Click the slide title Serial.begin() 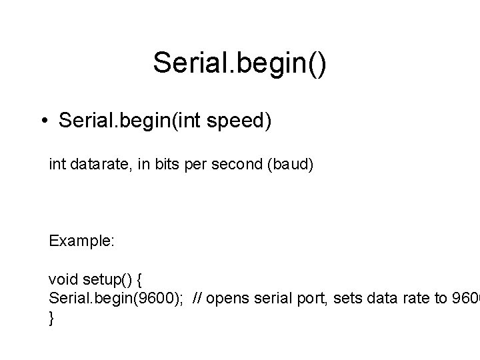click(x=240, y=63)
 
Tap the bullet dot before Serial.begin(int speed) click(x=43, y=122)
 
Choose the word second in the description click(x=237, y=164)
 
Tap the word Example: click(x=82, y=241)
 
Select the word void click(x=63, y=278)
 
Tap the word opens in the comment click(x=227, y=299)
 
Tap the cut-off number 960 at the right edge click(x=465, y=299)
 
